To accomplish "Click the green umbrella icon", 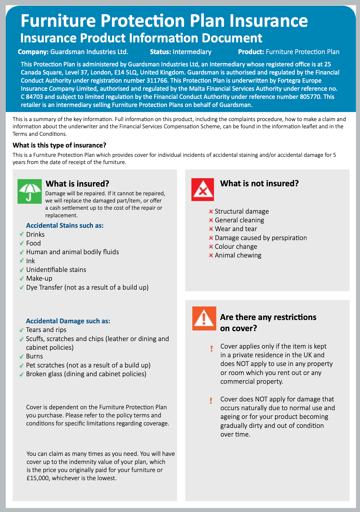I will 29,191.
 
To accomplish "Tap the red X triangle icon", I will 203,190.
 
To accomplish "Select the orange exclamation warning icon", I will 204,318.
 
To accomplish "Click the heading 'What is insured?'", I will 77,184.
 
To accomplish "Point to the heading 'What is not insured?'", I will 259,183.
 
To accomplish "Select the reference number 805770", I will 312,97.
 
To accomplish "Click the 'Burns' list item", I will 35,356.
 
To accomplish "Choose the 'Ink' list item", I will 30,261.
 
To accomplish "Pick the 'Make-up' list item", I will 39,279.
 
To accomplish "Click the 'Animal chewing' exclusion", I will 238,255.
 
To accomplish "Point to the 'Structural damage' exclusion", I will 242,212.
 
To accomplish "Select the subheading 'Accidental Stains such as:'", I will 65,225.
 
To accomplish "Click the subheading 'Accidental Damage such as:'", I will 68,321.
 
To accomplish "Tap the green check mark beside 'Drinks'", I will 21,234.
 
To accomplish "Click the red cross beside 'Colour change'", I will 211,247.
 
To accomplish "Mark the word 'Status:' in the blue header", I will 160,52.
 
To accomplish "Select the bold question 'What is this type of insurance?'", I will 59,145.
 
